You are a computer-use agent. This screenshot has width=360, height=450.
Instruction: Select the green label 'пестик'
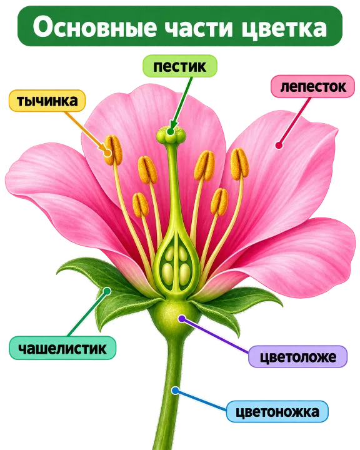point(180,66)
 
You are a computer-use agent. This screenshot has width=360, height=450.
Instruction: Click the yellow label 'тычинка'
point(47,101)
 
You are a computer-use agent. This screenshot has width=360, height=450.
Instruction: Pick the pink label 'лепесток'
point(313,86)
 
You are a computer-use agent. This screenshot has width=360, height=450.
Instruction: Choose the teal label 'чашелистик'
point(62,348)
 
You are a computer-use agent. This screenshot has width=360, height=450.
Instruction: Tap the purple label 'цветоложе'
point(297,357)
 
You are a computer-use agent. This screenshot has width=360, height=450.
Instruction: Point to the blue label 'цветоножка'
point(277,412)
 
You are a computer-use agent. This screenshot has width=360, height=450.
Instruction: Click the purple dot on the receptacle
point(181,318)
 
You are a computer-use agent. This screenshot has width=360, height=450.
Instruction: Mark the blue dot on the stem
point(175,390)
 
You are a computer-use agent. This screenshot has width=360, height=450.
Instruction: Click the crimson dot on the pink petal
point(279,145)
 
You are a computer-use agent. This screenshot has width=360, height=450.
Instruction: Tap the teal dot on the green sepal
point(107,291)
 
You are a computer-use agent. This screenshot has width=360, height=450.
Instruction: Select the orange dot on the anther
point(107,152)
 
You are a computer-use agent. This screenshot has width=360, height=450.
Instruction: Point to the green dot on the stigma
point(171,132)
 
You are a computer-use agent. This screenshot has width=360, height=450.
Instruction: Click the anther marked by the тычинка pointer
point(113,150)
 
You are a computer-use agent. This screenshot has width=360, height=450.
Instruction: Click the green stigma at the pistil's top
point(171,134)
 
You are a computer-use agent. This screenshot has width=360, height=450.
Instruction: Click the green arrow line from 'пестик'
point(181,104)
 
